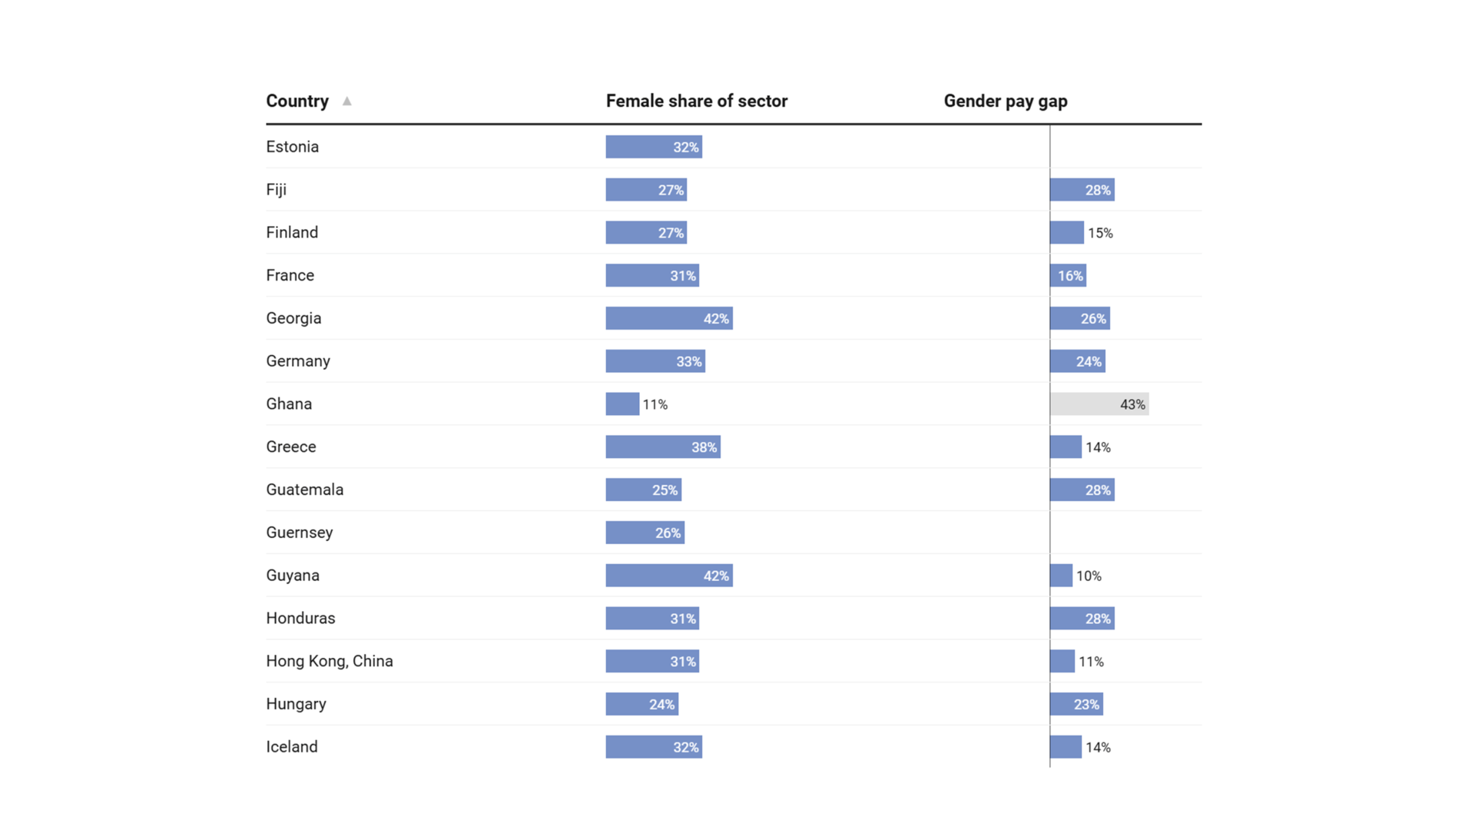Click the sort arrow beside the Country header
coord(347,101)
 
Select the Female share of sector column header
coord(697,101)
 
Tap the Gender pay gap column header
coord(1006,101)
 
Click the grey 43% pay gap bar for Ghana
coord(1099,404)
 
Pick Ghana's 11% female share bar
coord(622,404)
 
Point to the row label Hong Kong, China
coord(330,661)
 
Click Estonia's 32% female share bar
coord(654,147)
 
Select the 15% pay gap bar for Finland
coord(1067,233)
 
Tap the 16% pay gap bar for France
coord(1069,276)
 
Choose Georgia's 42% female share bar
coord(669,318)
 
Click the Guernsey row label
coord(300,533)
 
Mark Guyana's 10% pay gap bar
coord(1061,576)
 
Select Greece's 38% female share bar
coord(663,447)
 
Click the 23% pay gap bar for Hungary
coord(1076,704)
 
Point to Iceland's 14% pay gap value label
coord(1098,747)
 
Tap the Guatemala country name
coord(305,490)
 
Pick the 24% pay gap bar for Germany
coord(1078,361)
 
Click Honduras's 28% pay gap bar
coord(1082,619)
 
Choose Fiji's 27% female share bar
coord(646,190)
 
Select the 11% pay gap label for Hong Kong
coord(1091,662)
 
